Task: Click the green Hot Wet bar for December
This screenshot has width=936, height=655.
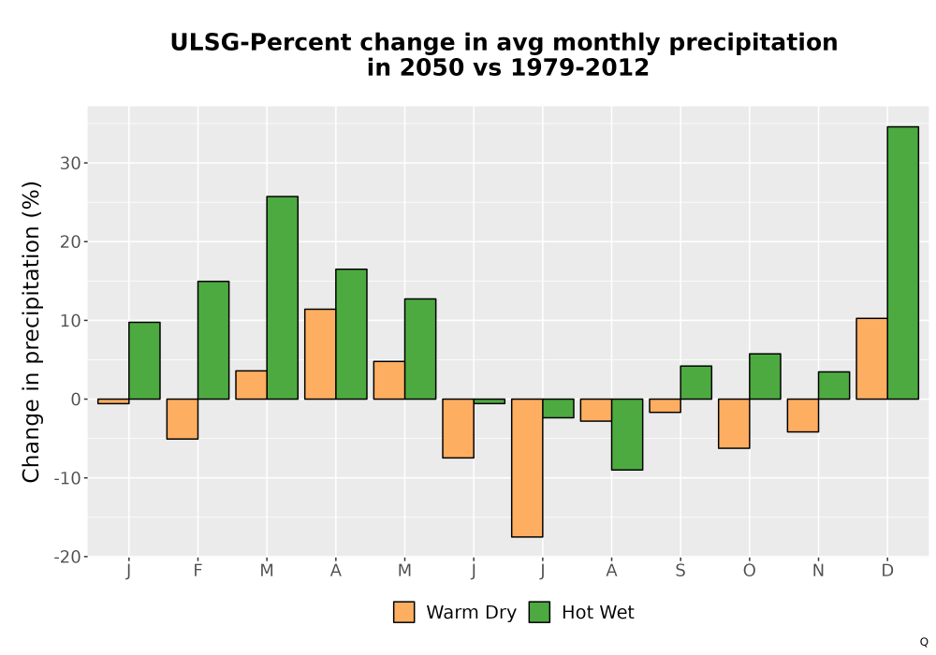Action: coord(902,263)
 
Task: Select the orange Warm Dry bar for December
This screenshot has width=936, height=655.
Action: coord(871,358)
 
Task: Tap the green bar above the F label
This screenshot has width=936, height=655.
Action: coord(213,340)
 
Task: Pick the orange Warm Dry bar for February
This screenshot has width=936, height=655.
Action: coord(183,419)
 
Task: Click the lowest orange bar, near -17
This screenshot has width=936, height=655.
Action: coord(527,468)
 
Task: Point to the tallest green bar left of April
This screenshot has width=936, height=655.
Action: coord(283,298)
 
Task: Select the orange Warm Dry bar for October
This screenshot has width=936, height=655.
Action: coord(734,424)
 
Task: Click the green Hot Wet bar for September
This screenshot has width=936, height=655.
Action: coord(696,383)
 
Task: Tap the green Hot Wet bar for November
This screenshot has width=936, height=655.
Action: coord(834,386)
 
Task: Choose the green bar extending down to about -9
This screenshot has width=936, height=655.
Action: coord(627,434)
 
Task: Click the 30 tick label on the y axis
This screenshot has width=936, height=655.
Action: coord(70,164)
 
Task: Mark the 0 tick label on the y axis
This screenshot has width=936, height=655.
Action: coord(75,400)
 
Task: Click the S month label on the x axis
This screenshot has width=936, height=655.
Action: coord(680,571)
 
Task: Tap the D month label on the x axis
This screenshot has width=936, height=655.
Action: coord(887,571)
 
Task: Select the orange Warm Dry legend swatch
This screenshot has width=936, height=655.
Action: coord(403,612)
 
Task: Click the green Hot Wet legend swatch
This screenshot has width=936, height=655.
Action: coord(539,612)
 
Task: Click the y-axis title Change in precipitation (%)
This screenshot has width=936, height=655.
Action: coord(31,331)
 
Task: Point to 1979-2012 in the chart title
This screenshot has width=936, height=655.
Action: coord(579,67)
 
